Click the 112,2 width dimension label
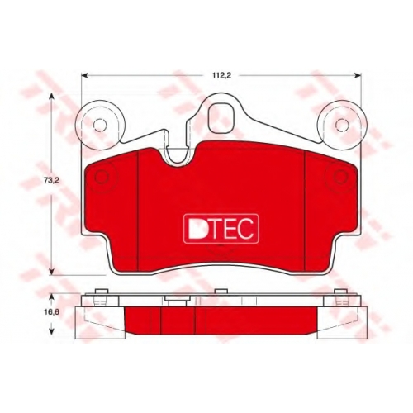(221, 76)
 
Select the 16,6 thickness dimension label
(50, 312)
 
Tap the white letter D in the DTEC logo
(196, 229)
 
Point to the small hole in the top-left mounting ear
(100, 126)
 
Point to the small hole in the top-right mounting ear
(342, 126)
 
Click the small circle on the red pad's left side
(102, 176)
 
